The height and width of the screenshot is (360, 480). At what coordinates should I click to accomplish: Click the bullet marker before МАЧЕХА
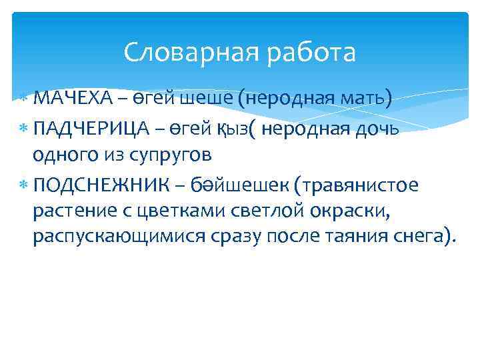tap(24, 99)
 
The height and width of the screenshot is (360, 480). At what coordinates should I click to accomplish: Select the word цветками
tap(177, 212)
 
